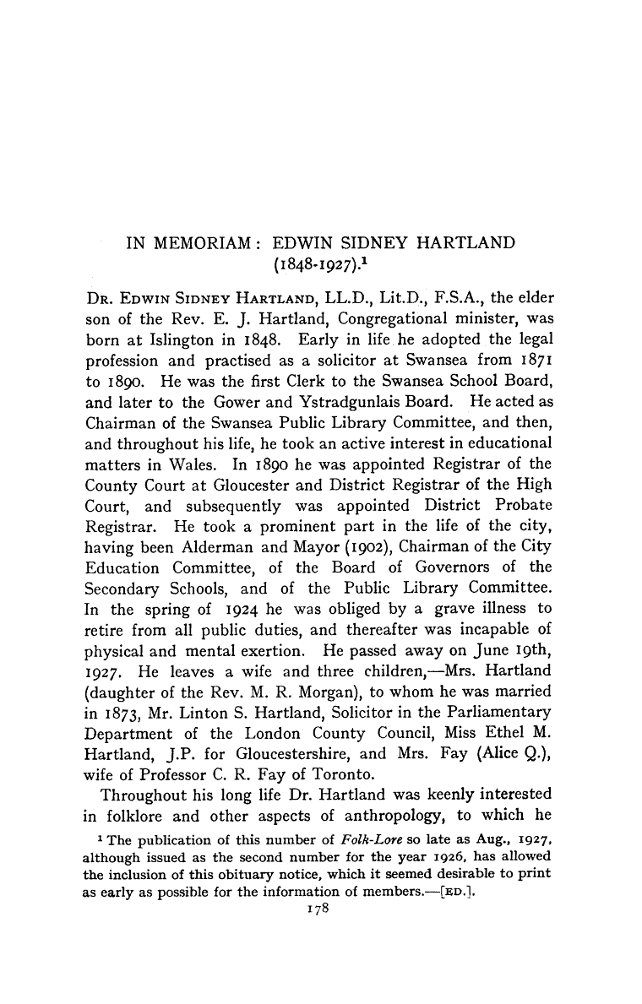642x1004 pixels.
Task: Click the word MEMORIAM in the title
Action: tap(196, 243)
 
